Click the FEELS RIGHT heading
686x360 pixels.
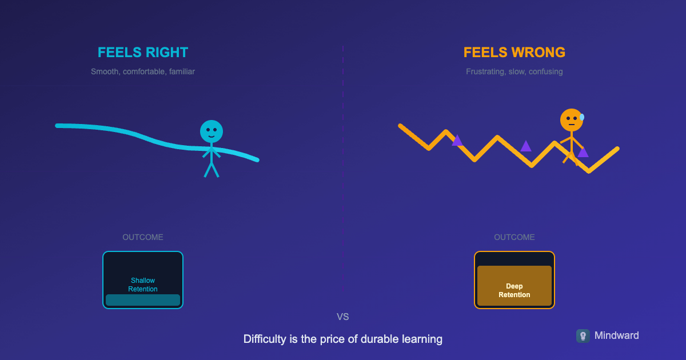click(143, 53)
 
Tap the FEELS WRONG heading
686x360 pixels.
click(514, 53)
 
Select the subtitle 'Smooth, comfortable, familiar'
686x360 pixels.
click(143, 72)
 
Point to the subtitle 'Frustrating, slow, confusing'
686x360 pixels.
click(514, 72)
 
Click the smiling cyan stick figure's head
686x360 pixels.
click(212, 131)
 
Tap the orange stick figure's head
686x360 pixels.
click(571, 120)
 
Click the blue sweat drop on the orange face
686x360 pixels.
click(582, 117)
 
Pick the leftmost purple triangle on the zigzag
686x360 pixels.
click(457, 141)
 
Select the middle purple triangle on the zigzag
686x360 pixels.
click(526, 146)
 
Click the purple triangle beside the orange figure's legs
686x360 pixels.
click(583, 153)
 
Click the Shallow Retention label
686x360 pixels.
click(143, 285)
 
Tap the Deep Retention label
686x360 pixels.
click(514, 290)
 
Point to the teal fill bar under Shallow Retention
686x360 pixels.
click(143, 300)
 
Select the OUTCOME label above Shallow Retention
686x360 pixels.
click(143, 237)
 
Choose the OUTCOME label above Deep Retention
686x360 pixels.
click(514, 237)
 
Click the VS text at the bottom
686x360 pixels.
click(343, 317)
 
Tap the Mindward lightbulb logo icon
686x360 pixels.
click(583, 336)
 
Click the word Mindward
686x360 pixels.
click(617, 335)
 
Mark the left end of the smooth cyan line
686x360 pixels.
click(58, 125)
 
